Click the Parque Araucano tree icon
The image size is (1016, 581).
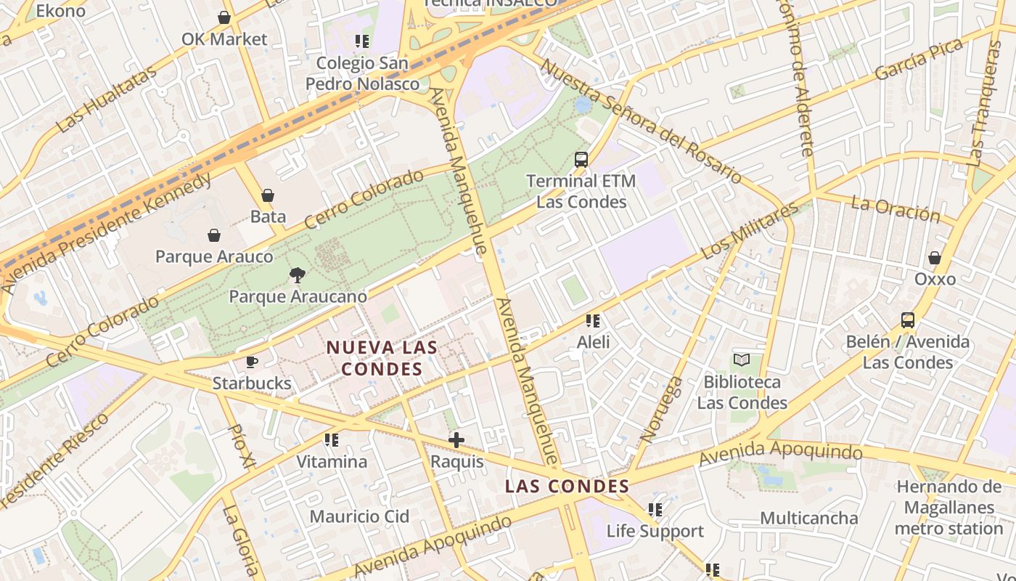point(297,275)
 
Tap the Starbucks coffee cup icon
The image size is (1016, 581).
point(252,362)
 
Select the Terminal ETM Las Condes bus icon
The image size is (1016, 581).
point(581,159)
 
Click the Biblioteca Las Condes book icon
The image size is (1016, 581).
point(741,359)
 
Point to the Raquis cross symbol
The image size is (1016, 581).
point(456,439)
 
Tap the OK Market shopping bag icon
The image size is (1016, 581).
point(224,17)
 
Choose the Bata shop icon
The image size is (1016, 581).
point(268,195)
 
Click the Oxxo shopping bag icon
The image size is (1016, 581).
point(935,258)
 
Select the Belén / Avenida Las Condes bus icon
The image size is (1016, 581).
point(907,320)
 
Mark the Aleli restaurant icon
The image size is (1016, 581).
point(593,320)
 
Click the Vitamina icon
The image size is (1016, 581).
point(332,439)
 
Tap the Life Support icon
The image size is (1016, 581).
point(655,510)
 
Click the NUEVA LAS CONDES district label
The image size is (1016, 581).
point(382,358)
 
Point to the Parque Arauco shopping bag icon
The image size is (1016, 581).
point(214,235)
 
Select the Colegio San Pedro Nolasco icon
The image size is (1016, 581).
point(362,41)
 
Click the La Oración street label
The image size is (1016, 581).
point(895,208)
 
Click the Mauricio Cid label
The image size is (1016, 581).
point(359,516)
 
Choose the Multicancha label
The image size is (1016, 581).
point(809,518)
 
